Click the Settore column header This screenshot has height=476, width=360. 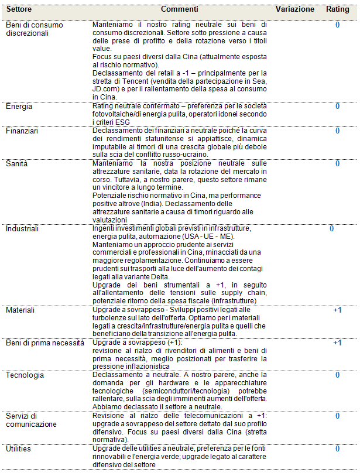(19, 10)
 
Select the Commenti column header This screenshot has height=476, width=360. (180, 10)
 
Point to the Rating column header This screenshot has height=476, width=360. (337, 10)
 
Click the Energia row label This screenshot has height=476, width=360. (19, 107)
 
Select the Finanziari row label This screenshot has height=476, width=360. (22, 131)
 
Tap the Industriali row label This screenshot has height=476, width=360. (23, 228)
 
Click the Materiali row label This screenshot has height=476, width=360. (20, 310)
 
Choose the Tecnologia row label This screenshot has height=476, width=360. (25, 375)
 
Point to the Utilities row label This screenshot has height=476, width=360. (19, 448)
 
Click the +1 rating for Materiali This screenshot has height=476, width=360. (337, 310)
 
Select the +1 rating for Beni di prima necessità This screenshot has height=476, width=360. (337, 343)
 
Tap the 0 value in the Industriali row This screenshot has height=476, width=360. (331, 228)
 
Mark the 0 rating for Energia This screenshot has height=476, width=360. (338, 107)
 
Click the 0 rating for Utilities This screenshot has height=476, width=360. (338, 448)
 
